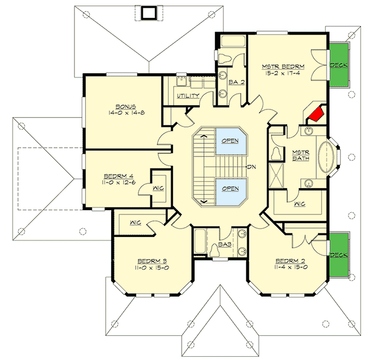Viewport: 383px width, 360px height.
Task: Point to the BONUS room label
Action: tap(125, 106)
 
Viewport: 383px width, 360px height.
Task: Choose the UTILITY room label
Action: tap(188, 96)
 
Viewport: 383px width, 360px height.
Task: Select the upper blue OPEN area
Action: tap(230, 141)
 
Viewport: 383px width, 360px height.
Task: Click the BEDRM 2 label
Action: tap(289, 260)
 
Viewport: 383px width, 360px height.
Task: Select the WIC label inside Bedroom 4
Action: tap(158, 187)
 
